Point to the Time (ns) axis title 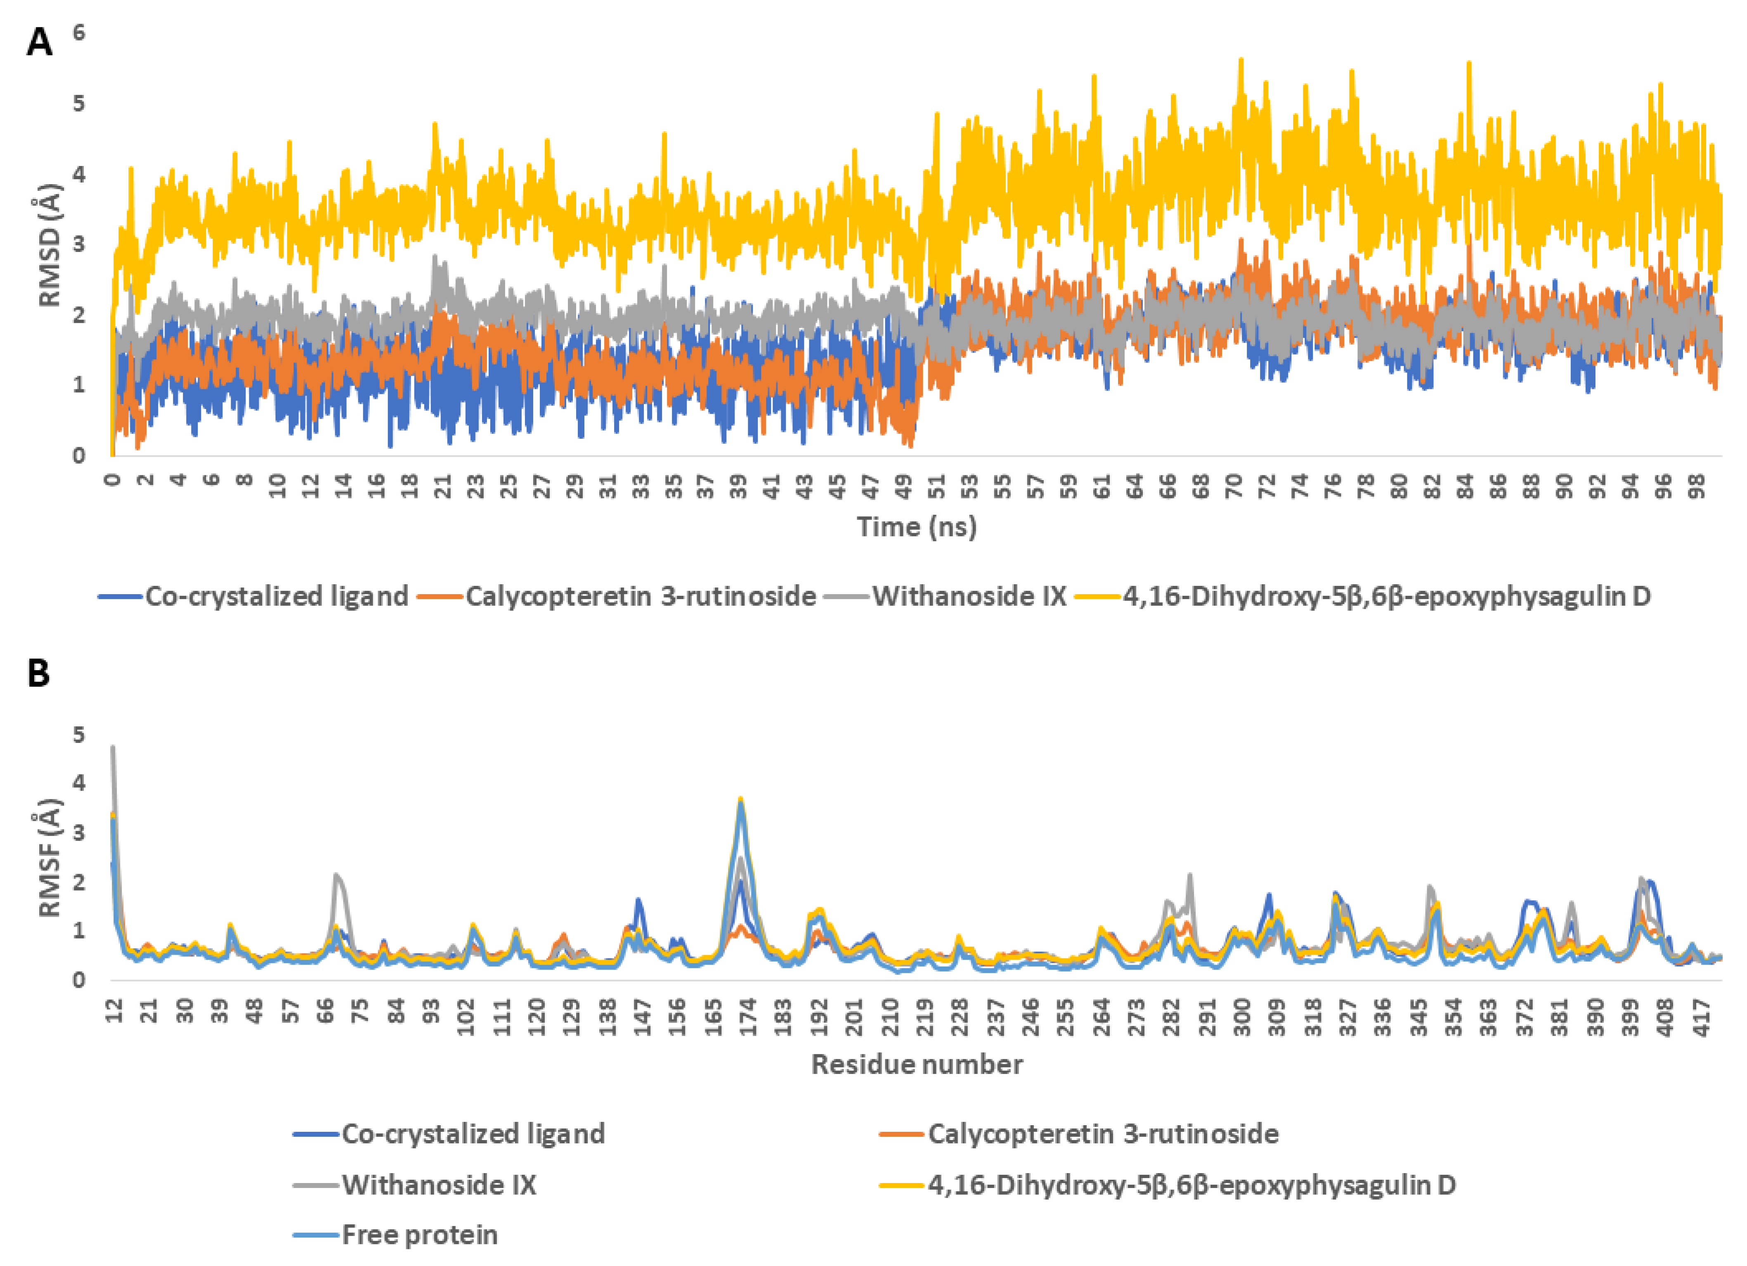[917, 527]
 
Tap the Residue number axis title [917, 1064]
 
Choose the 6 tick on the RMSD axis [79, 32]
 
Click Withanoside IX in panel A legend [969, 596]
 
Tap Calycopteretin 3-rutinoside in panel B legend [1103, 1133]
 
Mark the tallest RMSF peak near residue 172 [740, 799]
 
